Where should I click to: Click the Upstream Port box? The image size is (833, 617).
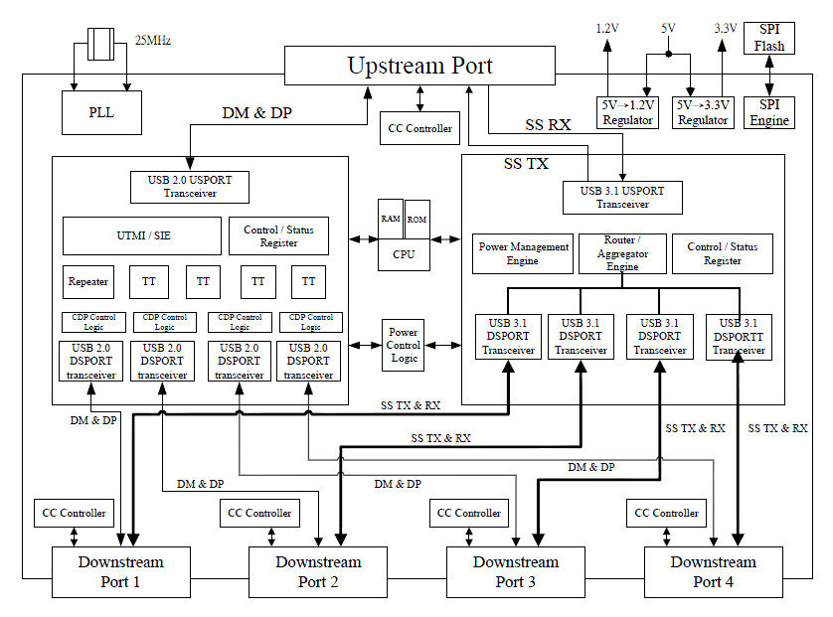click(x=418, y=66)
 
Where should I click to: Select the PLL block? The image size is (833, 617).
click(x=101, y=112)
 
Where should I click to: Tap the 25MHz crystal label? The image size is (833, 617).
click(x=152, y=40)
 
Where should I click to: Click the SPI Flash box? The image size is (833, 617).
click(x=769, y=38)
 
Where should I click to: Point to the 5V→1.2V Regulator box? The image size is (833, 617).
click(x=627, y=112)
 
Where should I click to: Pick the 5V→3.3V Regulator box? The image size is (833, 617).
click(x=703, y=112)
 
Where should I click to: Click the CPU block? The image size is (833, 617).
click(x=403, y=254)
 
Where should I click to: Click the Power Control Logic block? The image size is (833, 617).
click(x=404, y=345)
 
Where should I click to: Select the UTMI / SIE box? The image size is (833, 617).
click(x=142, y=235)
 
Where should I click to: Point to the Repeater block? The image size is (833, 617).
click(x=89, y=281)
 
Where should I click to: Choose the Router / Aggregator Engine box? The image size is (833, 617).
click(x=622, y=253)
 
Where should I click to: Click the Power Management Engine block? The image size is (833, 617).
click(x=523, y=253)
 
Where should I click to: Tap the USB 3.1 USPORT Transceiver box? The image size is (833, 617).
click(x=622, y=197)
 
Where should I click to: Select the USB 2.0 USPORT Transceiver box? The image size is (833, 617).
click(x=190, y=187)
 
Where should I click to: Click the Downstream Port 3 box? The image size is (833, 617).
click(x=516, y=571)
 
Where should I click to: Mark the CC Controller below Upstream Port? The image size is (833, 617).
click(x=418, y=127)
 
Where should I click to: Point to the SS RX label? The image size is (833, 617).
click(x=548, y=125)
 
